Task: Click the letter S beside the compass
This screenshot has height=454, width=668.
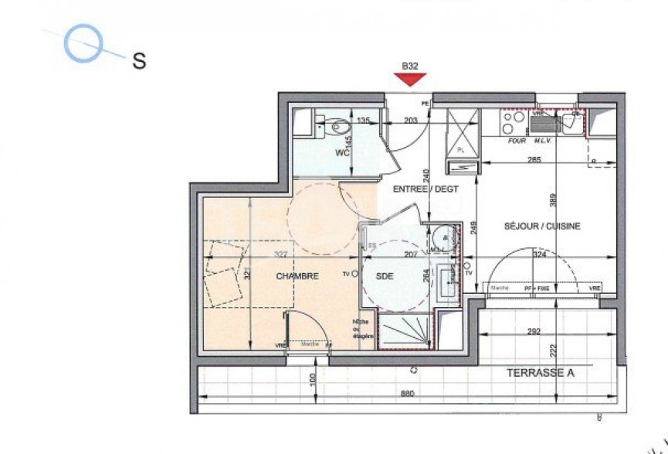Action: click(140, 61)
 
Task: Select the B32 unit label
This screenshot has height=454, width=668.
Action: click(410, 67)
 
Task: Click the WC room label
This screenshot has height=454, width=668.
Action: click(343, 152)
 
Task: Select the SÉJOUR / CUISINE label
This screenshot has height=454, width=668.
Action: click(541, 226)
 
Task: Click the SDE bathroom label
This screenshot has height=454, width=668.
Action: click(385, 275)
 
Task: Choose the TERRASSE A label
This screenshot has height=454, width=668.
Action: click(541, 373)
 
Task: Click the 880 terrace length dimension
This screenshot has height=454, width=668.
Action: click(408, 394)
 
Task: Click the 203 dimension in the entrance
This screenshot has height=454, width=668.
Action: click(410, 120)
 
